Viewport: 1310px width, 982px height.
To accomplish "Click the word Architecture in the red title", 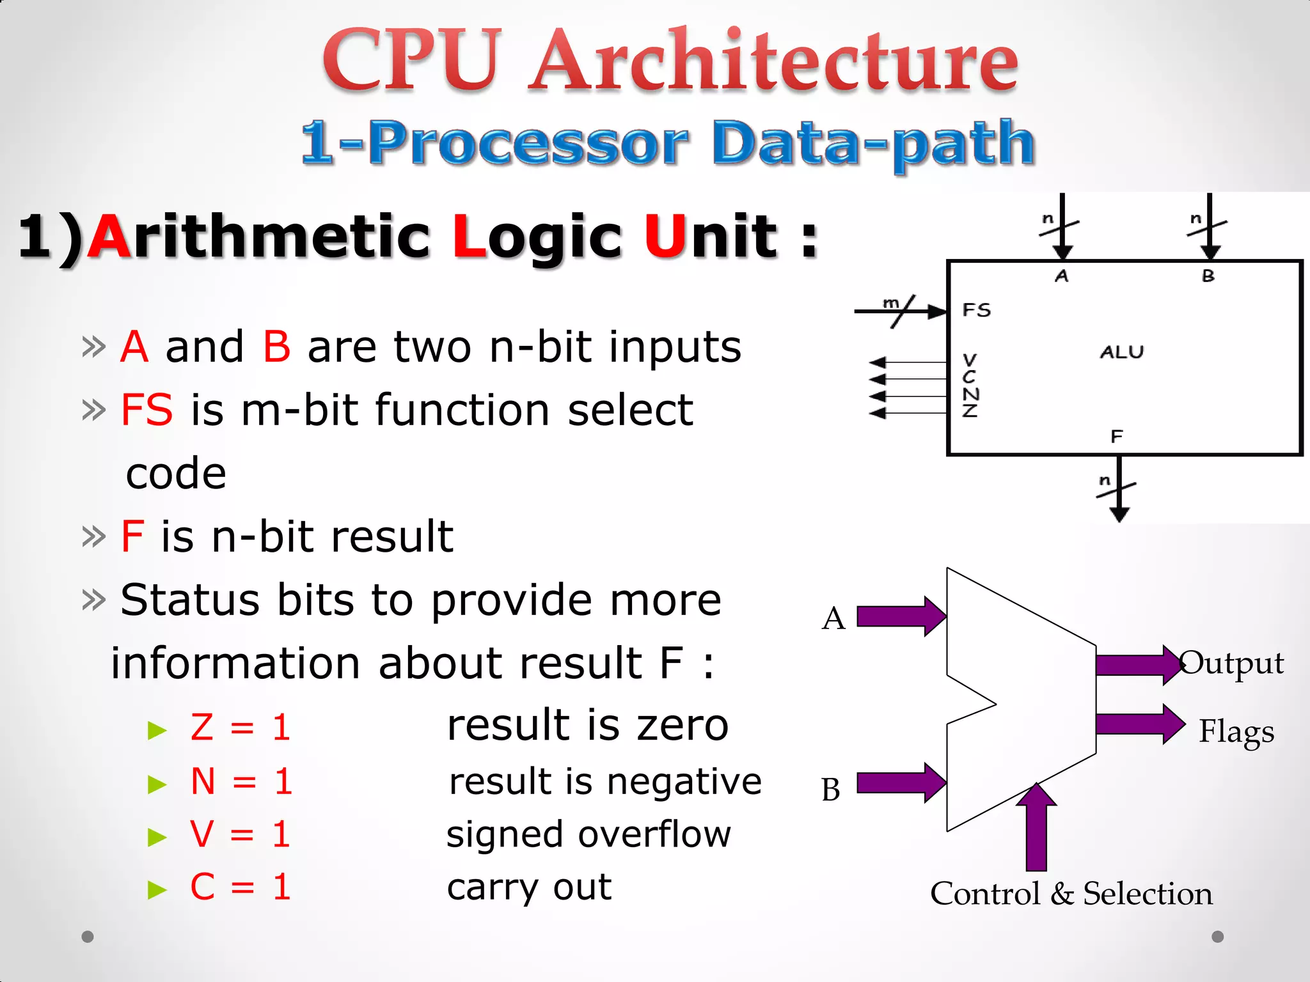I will coord(775,61).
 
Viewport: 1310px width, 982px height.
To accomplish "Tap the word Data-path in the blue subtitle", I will coord(872,144).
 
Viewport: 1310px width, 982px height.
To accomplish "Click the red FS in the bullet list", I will coord(146,410).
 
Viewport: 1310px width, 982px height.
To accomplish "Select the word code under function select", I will coord(176,474).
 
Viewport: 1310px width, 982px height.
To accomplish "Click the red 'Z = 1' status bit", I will coord(241,727).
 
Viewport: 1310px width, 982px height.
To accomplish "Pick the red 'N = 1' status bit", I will coord(242,781).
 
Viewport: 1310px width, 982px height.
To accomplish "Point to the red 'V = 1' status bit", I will coord(241,834).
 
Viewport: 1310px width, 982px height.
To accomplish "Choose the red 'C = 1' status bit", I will coord(241,887).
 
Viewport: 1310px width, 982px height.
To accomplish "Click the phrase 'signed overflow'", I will coord(588,834).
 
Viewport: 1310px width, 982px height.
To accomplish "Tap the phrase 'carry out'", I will coord(529,887).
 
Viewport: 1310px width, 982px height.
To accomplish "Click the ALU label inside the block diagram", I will coord(1121,352).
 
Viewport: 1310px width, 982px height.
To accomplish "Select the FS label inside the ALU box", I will coord(977,311).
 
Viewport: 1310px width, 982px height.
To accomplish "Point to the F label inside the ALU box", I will coord(1117,437).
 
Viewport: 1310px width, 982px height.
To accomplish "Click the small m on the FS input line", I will coord(890,302).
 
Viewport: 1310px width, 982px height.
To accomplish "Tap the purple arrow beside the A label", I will coord(901,616).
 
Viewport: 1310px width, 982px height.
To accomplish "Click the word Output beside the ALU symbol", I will coord(1231,664).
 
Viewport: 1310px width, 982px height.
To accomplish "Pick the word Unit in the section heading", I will coord(710,236).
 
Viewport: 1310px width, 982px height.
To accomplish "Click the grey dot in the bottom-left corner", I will coord(88,937).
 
